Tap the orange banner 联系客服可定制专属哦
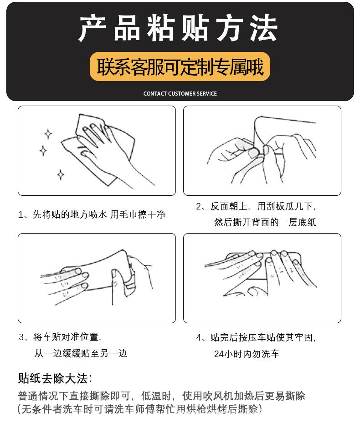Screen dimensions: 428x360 pos(180,67)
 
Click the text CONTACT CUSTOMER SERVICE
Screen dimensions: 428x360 pos(180,94)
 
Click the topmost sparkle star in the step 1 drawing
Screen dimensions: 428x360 pos(48,134)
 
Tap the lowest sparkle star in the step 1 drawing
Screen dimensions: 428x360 pos(61,174)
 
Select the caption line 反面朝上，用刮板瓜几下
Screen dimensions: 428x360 pos(256,207)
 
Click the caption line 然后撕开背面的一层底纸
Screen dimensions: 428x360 pos(265,222)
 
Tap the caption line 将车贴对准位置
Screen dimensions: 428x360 pos(60,337)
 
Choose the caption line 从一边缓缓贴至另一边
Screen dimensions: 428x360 pos(81,353)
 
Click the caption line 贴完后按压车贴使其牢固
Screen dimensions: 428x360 pos(256,337)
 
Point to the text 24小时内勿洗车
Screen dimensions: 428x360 pos(247,354)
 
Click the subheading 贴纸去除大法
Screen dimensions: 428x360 pos(55,378)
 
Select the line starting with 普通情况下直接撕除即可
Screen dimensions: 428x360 pos(161,395)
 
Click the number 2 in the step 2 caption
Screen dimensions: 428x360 pos(199,207)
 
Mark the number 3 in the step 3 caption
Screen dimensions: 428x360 pos(21,337)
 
